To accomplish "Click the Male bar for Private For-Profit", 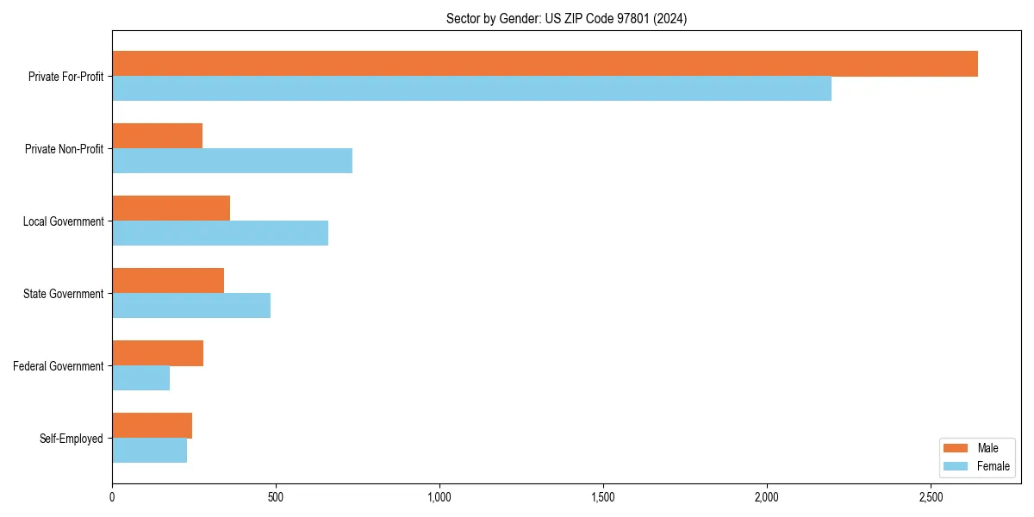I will [545, 64].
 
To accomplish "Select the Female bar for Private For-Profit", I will [471, 89].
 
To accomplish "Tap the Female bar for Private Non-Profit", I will [232, 161].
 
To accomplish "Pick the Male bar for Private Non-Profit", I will [157, 136].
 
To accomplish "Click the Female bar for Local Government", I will [220, 234].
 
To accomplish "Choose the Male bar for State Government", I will [168, 281].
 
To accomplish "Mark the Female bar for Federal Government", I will [140, 378].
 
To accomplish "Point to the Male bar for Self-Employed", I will [152, 426].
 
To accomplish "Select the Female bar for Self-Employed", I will [149, 451].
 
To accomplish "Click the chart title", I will [566, 18].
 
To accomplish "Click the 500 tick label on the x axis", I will [276, 497].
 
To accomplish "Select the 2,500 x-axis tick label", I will [931, 497].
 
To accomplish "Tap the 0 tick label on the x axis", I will [112, 497].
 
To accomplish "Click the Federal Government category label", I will [59, 366].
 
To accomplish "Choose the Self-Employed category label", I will [72, 439].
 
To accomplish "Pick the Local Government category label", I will [64, 221].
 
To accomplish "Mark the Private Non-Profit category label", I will [65, 149].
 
